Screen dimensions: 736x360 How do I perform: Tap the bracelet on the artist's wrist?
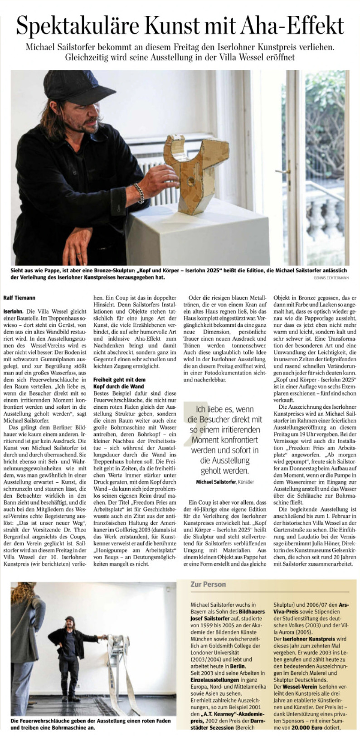click(x=139, y=193)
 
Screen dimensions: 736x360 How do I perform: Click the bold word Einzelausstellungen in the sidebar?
click(x=214, y=680)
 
